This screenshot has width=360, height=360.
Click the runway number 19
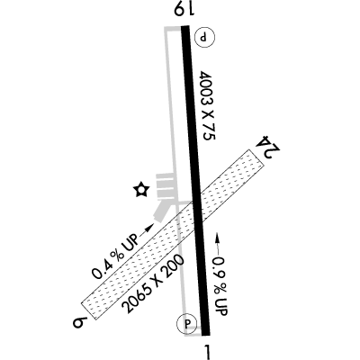[184, 10]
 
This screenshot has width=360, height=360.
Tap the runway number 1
[207, 352]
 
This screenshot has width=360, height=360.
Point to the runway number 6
[79, 324]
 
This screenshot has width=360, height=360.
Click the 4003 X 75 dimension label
[208, 105]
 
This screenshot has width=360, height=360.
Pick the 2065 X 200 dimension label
[155, 283]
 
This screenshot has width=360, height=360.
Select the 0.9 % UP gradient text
[220, 286]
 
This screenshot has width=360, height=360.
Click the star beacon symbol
[141, 190]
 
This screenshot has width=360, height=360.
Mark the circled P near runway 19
[205, 38]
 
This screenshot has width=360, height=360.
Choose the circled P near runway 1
[187, 324]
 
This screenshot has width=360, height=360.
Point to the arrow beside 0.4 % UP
[146, 230]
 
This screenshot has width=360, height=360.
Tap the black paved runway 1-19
[195, 180]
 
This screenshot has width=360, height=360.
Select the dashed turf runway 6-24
[173, 234]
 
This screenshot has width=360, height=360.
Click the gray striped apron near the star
[165, 187]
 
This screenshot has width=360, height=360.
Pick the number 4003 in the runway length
[206, 90]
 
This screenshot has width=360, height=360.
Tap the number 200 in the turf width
[175, 265]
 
